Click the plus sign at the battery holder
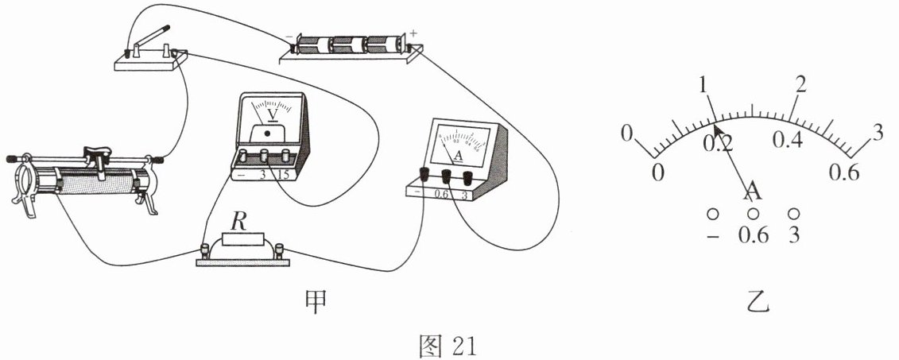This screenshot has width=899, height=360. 413,33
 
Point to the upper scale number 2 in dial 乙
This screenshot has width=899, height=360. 800,83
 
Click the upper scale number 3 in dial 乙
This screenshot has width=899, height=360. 878,133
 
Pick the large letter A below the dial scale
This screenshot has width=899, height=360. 752,191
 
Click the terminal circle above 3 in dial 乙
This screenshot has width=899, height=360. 792,214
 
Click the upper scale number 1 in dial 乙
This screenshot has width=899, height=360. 704,84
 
